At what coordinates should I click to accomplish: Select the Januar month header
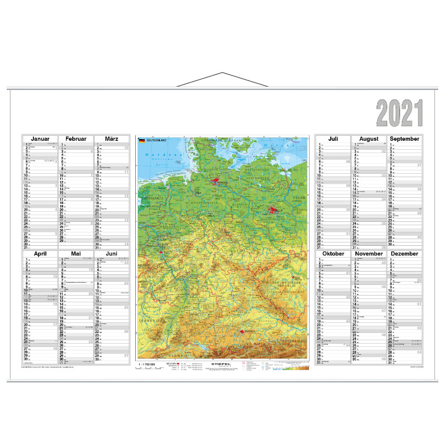[x=40, y=139]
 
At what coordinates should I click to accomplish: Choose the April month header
[x=40, y=254]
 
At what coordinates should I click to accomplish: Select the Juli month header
[x=333, y=139]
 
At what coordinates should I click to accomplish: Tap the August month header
[x=369, y=139]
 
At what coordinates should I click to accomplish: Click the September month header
[x=405, y=139]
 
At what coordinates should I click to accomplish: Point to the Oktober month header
[x=333, y=254]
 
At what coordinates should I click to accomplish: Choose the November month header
[x=369, y=254]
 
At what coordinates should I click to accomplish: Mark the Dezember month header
[x=405, y=254]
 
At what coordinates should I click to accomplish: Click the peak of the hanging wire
[x=222, y=73]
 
